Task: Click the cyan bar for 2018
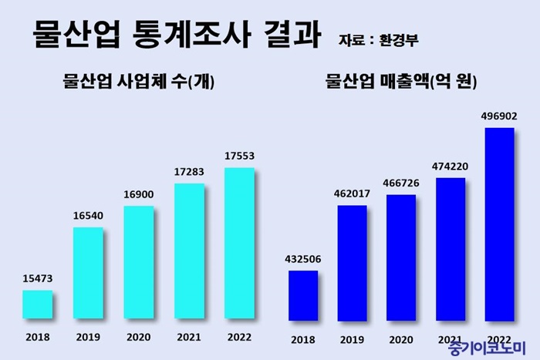[37, 304]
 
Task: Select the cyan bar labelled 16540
[88, 272]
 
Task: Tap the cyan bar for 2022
[239, 243]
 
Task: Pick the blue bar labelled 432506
[302, 294]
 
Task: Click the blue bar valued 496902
[499, 224]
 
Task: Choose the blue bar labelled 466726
[401, 257]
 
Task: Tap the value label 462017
[352, 193]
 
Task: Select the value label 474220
[451, 166]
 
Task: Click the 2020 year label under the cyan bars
[139, 337]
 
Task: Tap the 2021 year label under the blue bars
[451, 339]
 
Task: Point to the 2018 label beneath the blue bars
[302, 339]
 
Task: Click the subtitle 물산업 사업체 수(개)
[137, 82]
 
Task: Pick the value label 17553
[239, 156]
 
